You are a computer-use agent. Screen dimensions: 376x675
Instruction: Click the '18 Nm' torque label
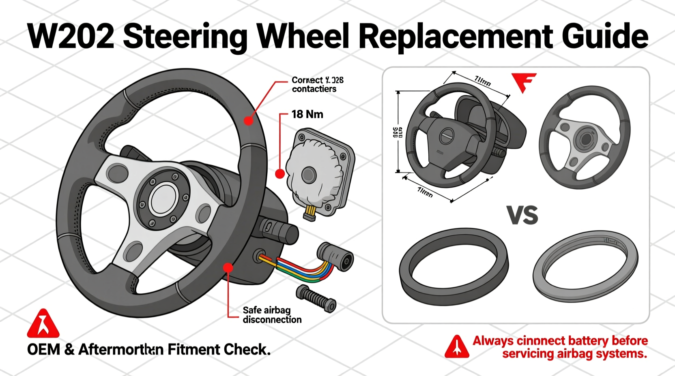(x=307, y=114)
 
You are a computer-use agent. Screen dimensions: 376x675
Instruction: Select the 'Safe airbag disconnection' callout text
(x=272, y=315)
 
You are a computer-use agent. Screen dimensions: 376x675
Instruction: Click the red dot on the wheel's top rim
(x=248, y=120)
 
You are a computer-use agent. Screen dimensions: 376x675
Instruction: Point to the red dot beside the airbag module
(x=280, y=174)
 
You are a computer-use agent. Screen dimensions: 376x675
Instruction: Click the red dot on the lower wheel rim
(x=228, y=267)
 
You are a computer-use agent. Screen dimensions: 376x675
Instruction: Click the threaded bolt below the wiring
(x=316, y=299)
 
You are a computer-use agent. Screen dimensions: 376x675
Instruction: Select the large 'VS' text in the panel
(x=522, y=215)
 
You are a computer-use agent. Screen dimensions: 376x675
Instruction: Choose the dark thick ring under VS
(x=454, y=265)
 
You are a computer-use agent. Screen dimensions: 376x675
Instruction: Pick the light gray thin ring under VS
(x=585, y=265)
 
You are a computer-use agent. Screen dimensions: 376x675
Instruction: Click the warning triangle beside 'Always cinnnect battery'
(x=457, y=347)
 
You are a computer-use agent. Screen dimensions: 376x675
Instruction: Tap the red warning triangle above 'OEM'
(x=43, y=324)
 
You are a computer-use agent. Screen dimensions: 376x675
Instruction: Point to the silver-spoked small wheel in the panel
(x=585, y=138)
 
